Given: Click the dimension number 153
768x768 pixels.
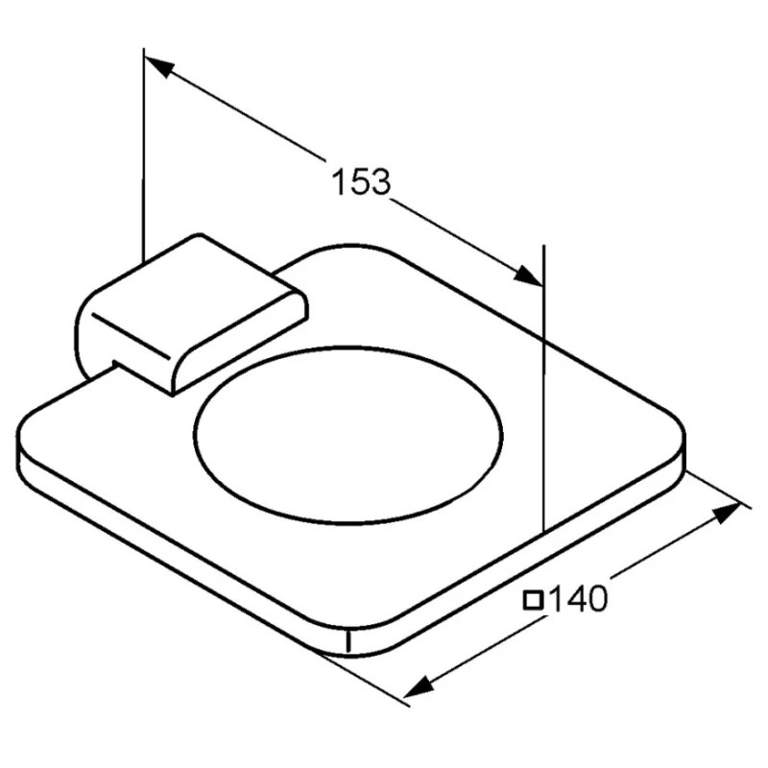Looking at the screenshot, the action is click(x=362, y=181).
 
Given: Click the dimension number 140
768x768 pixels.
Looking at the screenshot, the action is click(x=577, y=598).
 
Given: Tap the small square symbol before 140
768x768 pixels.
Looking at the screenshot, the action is click(x=533, y=600).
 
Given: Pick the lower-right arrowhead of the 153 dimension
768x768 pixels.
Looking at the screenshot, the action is click(x=529, y=276).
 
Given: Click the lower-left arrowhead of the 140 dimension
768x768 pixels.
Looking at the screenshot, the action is click(x=419, y=686).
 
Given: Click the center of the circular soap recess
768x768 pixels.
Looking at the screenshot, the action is click(x=348, y=436).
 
